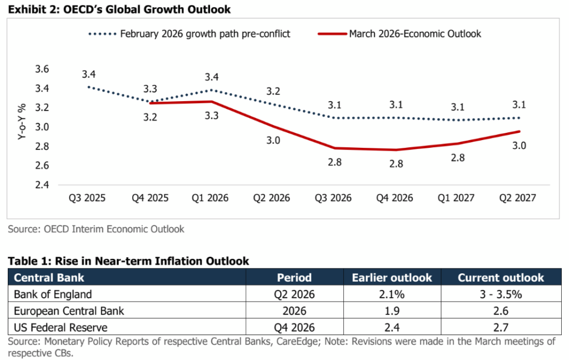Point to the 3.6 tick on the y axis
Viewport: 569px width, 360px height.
pos(42,69)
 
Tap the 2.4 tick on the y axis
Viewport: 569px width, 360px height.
pos(42,185)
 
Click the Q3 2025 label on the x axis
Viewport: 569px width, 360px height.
pos(87,198)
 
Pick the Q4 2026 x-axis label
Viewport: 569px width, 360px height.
pos(395,198)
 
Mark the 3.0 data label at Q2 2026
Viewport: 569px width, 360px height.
pos(273,141)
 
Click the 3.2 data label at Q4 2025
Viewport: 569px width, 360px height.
pos(151,117)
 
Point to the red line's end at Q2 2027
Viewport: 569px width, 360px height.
pos(519,132)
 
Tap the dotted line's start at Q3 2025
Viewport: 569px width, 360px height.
pos(88,87)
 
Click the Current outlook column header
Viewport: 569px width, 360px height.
pos(501,277)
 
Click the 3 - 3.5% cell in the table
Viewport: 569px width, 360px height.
pos(501,295)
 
